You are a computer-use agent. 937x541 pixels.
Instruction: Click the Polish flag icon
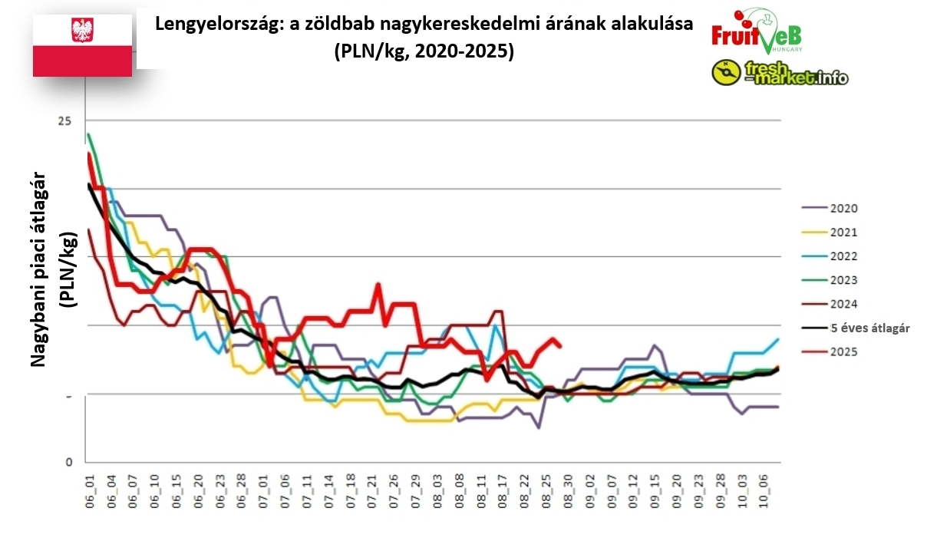tap(82, 43)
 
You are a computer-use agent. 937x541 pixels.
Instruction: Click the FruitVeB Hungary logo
tap(757, 32)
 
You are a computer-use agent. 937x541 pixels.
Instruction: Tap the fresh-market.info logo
tap(780, 73)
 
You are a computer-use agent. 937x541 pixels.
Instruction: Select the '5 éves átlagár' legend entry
tap(869, 328)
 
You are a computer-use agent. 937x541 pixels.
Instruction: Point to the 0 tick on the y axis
tap(68, 463)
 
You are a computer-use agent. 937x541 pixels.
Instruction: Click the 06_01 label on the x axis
tap(89, 488)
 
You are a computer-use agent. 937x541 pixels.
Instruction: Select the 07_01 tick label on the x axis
tap(263, 488)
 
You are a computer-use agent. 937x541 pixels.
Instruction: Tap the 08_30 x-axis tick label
tap(569, 488)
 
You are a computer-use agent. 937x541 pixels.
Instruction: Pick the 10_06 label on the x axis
tap(764, 488)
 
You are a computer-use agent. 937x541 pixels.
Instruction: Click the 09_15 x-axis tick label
tap(655, 488)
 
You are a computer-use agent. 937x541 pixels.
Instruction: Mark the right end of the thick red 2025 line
tap(560, 346)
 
